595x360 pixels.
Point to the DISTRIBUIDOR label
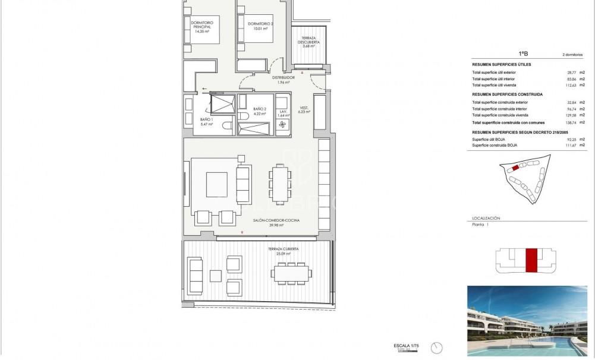(284, 80)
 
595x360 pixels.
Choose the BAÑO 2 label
(259, 112)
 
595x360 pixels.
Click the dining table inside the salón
(280, 184)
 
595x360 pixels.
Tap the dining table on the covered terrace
(291, 273)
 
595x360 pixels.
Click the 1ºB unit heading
(523, 53)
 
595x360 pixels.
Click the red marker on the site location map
(515, 168)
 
